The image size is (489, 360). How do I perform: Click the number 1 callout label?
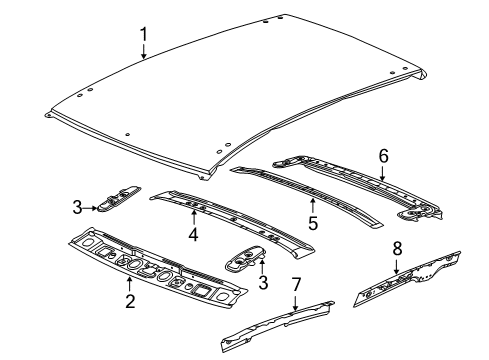[x=144, y=37]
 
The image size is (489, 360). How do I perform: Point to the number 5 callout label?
[x=313, y=221]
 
